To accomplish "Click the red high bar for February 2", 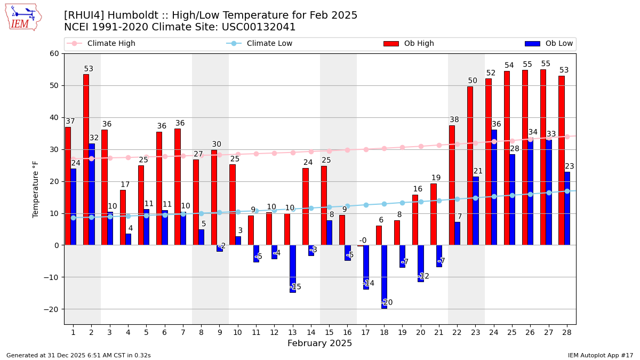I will click(86, 159).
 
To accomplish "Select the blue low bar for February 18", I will click(384, 277).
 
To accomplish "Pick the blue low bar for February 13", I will click(293, 269).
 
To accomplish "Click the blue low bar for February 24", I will click(494, 187).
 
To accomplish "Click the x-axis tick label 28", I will click(566, 332).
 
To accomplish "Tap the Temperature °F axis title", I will click(36, 189).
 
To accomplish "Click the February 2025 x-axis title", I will click(320, 343).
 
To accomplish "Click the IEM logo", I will click(23, 17).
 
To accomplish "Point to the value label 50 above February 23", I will click(473, 81).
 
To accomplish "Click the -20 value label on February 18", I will click(387, 302).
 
